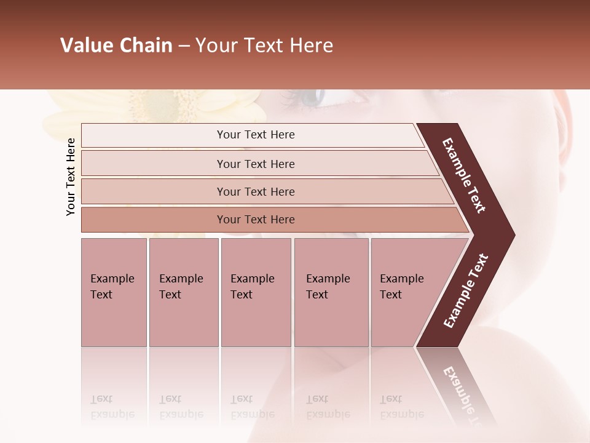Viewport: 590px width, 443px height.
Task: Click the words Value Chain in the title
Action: [x=116, y=46]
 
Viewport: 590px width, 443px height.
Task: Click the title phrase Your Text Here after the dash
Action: [x=264, y=46]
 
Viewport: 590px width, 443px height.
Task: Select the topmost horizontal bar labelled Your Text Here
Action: [x=255, y=135]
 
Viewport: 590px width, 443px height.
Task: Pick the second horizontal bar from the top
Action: [x=255, y=164]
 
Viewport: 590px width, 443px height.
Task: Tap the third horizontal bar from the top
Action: [x=255, y=191]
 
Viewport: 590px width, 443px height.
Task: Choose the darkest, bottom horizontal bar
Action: [x=255, y=220]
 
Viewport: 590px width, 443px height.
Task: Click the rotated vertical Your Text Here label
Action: [x=71, y=177]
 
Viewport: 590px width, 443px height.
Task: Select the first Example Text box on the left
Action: [x=114, y=292]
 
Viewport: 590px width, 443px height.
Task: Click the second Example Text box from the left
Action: [x=183, y=292]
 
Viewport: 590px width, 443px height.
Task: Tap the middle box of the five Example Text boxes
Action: [x=256, y=292]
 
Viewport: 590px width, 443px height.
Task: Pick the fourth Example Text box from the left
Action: [x=331, y=292]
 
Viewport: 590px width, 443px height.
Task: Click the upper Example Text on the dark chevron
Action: [x=464, y=175]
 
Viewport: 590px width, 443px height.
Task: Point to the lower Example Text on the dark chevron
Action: [x=466, y=291]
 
